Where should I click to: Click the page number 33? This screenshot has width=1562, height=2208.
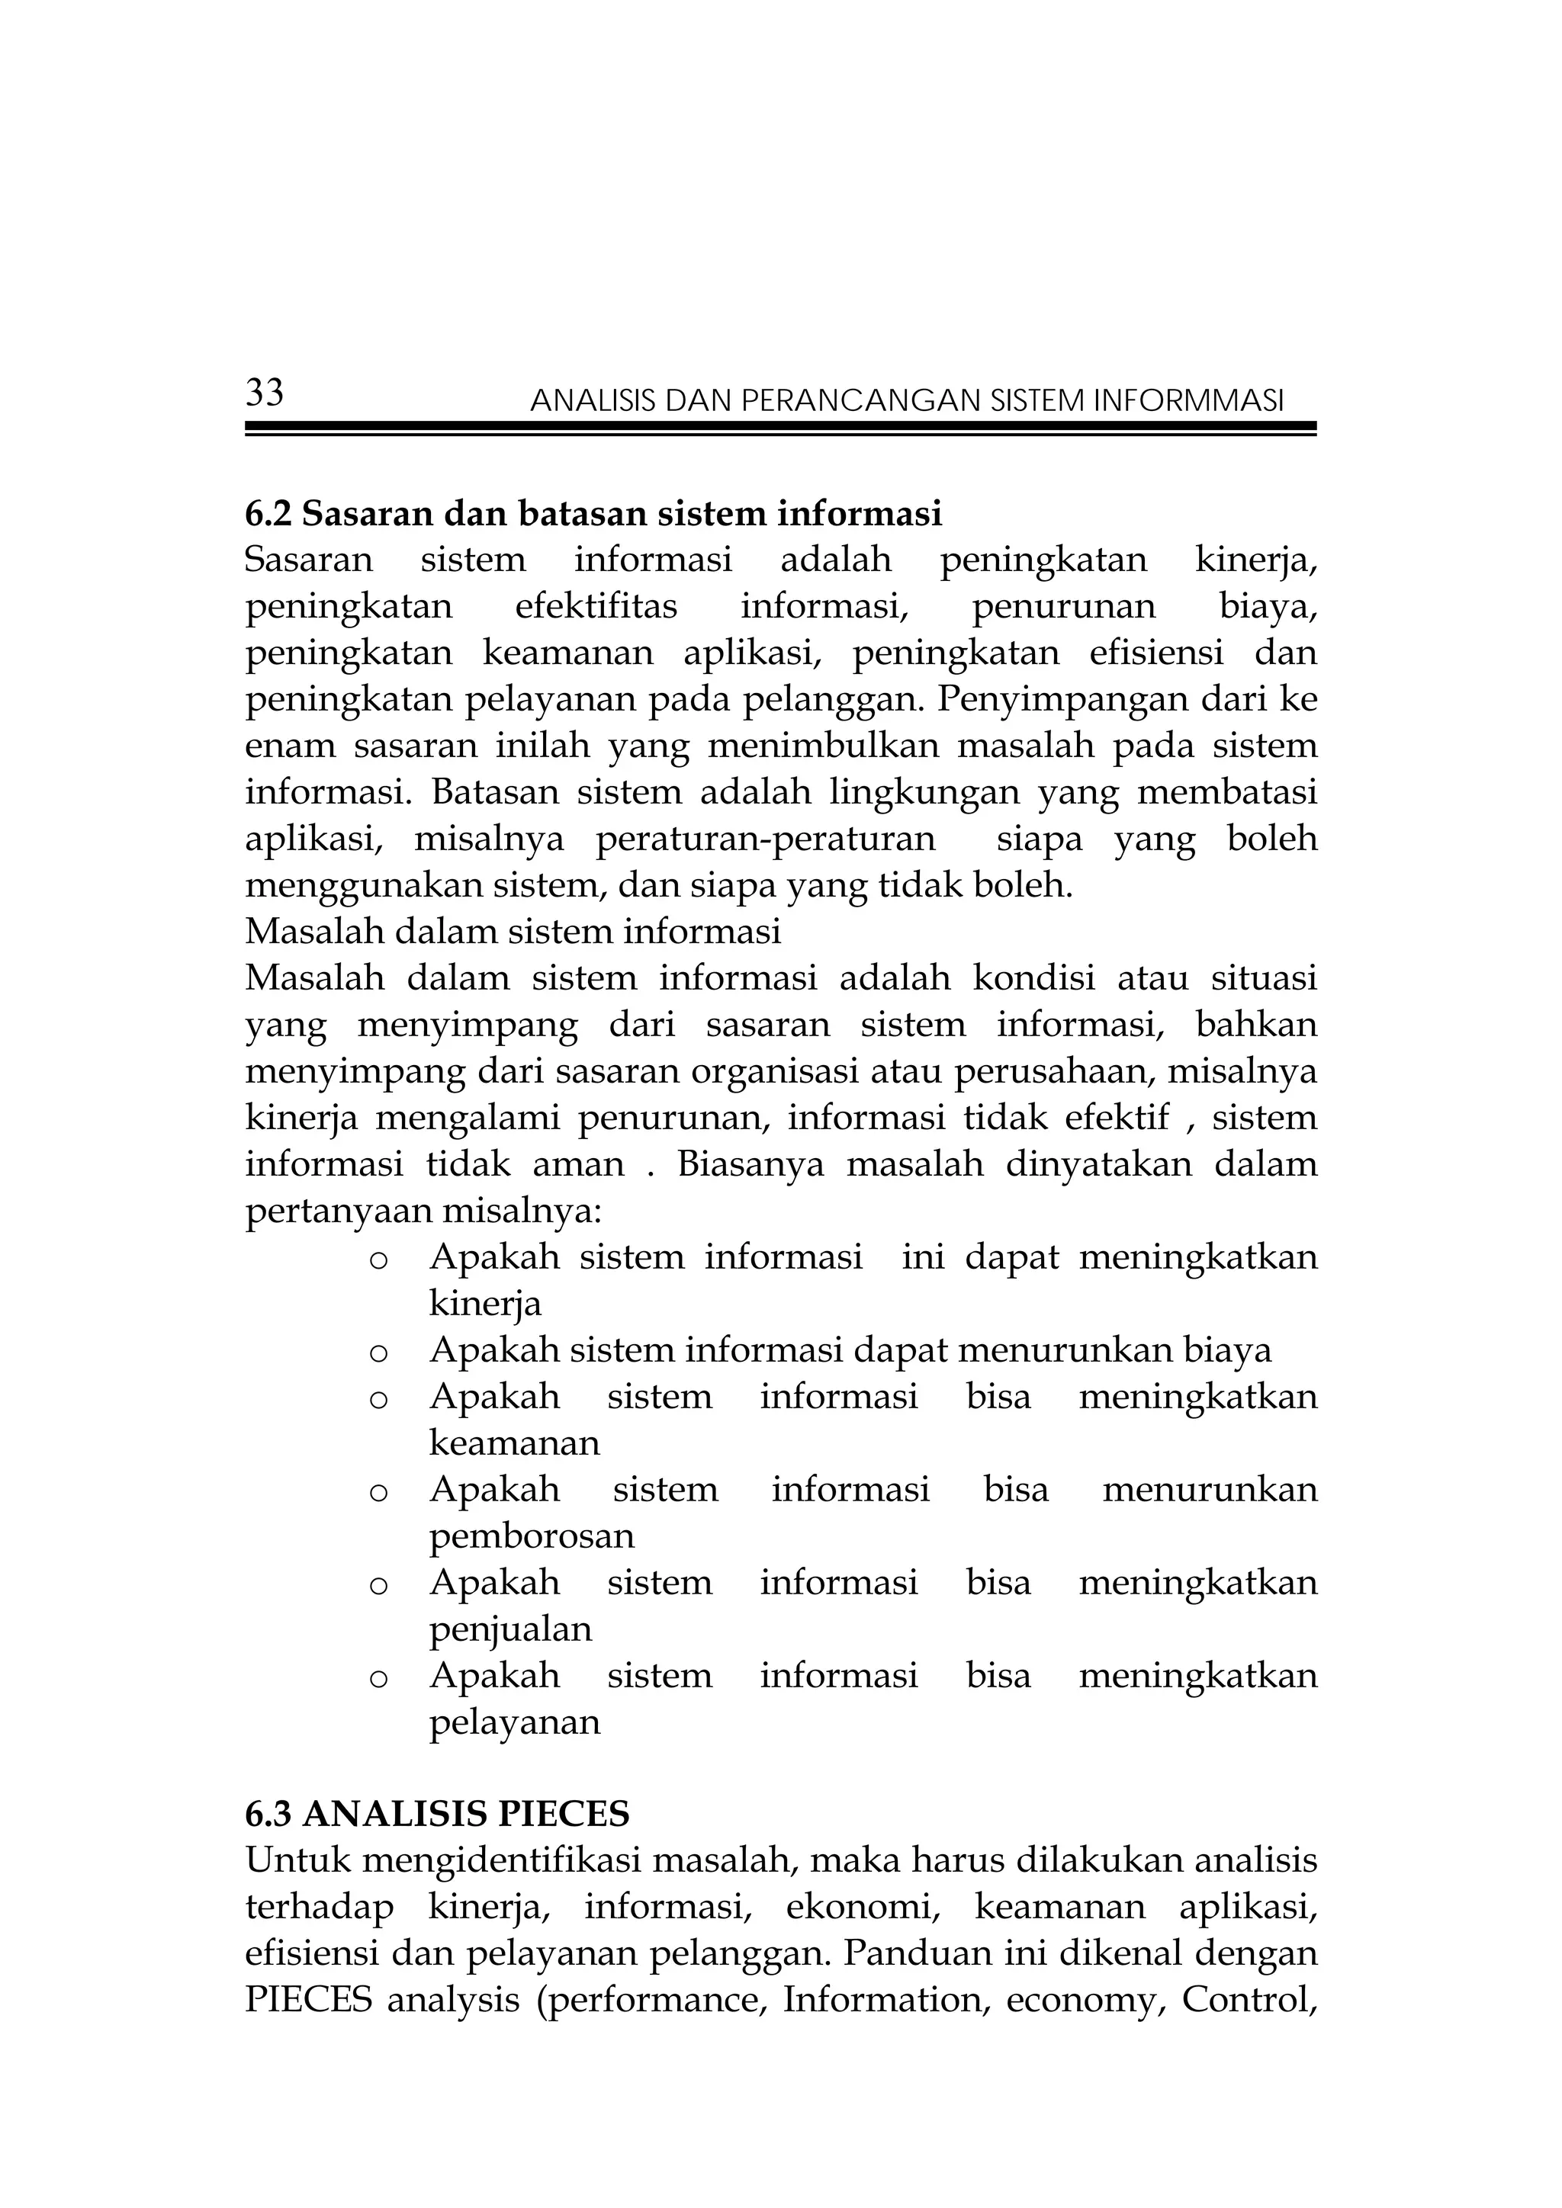click(265, 393)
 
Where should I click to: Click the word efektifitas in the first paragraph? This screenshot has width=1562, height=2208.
click(596, 607)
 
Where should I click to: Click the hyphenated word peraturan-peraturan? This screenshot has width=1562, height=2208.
click(765, 839)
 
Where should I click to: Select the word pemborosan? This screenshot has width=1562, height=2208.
click(531, 1536)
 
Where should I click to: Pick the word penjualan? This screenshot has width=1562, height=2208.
click(509, 1629)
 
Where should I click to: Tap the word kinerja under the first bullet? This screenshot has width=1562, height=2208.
click(485, 1304)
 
